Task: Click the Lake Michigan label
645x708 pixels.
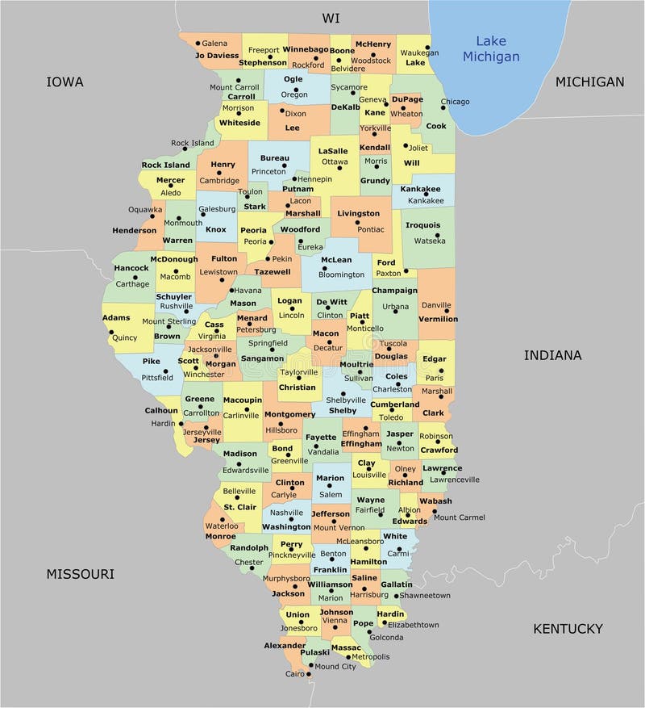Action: [x=490, y=48]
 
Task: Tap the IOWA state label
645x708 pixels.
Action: [x=65, y=82]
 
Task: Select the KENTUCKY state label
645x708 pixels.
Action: [x=568, y=628]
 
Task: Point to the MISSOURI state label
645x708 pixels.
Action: [x=80, y=574]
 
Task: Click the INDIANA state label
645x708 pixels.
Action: [x=552, y=354]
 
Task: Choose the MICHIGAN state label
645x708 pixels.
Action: [x=589, y=82]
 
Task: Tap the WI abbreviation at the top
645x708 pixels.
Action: [x=331, y=18]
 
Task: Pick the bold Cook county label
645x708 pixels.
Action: [x=435, y=126]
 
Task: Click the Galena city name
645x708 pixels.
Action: [x=214, y=43]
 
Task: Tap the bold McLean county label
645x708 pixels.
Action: [x=336, y=260]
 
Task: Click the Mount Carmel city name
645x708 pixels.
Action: [x=459, y=517]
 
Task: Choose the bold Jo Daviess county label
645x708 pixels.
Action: [x=217, y=56]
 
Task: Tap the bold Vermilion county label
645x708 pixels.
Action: [x=438, y=319]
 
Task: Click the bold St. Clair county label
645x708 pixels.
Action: [x=239, y=507]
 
